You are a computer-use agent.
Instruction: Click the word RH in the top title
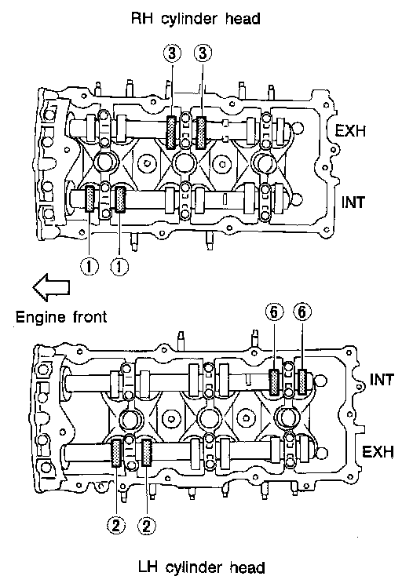(142, 18)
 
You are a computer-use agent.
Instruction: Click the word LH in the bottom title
(148, 567)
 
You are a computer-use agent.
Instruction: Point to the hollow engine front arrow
(51, 287)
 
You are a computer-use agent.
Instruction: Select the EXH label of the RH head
(350, 131)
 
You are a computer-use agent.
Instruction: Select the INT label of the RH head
(353, 202)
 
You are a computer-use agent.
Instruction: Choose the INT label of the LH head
(382, 380)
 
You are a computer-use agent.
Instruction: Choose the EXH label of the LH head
(378, 452)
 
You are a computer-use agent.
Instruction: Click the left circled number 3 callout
(172, 53)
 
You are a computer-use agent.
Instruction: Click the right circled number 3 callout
(203, 53)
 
